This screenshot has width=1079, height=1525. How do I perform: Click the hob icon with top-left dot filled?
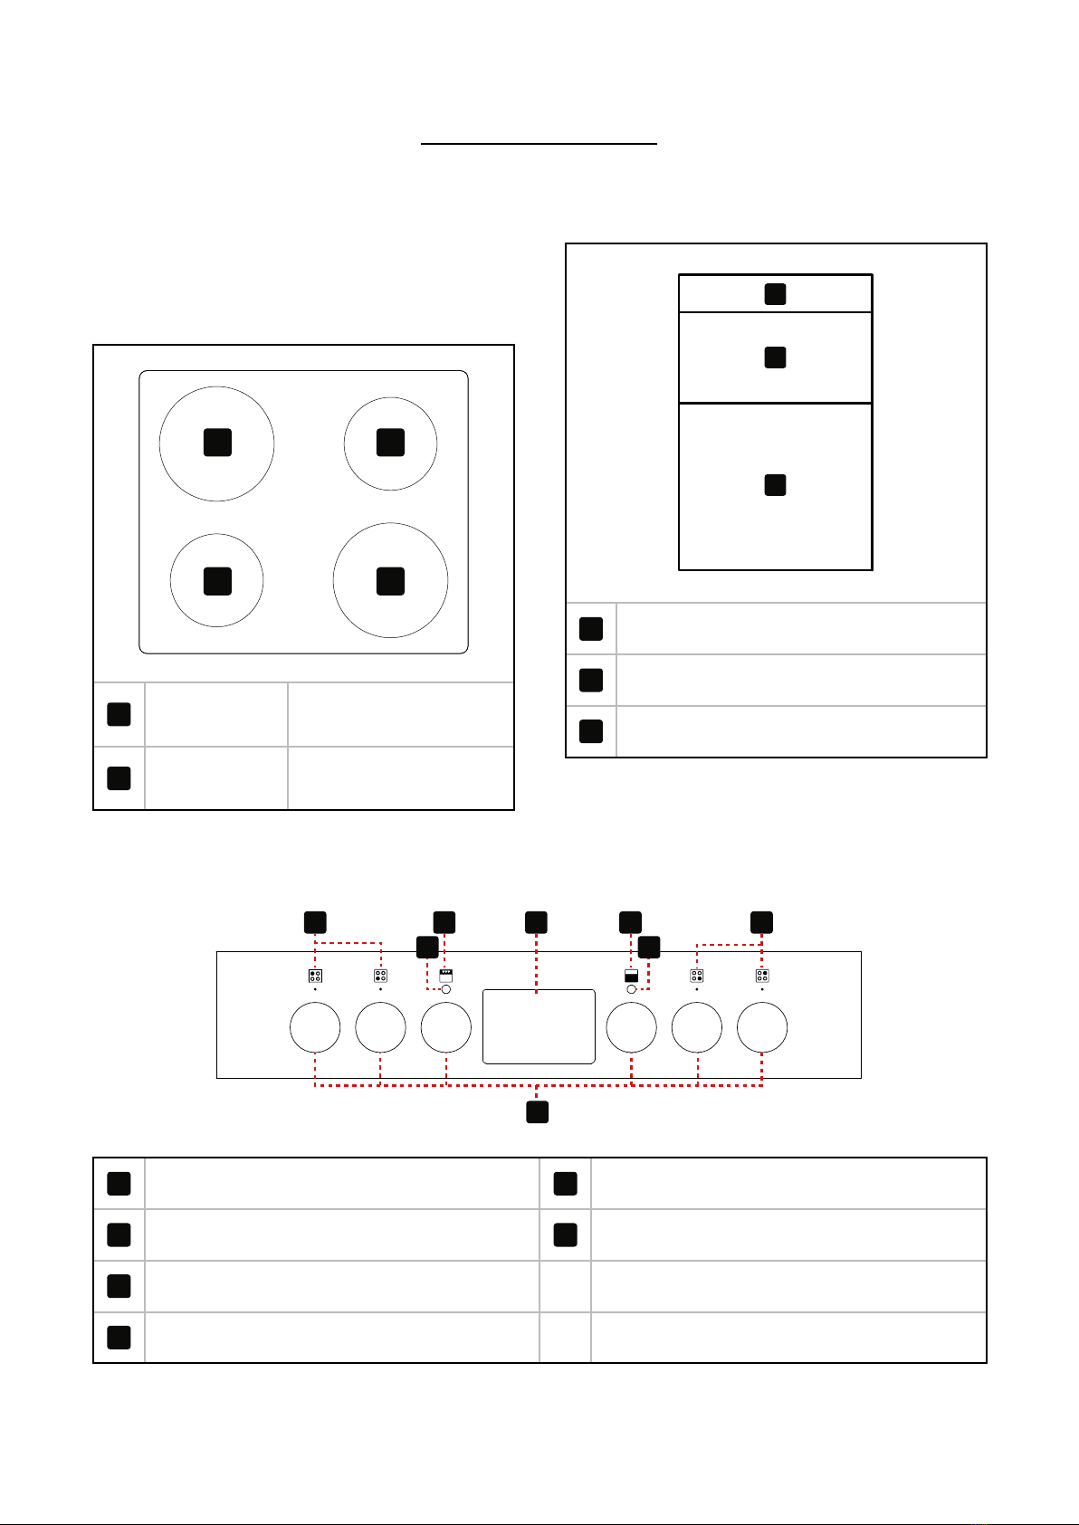click(315, 976)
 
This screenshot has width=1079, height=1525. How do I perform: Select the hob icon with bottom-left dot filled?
click(380, 976)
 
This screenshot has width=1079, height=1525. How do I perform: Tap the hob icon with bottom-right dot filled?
click(697, 976)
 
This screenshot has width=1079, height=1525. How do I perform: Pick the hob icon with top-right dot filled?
click(762, 976)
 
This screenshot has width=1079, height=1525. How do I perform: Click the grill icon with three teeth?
click(445, 976)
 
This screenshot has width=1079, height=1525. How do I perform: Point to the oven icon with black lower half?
click(631, 976)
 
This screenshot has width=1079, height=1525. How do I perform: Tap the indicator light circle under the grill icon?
click(445, 989)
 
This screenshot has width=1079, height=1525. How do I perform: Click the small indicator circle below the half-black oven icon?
click(631, 989)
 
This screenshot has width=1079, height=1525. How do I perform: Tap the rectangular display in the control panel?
click(539, 1026)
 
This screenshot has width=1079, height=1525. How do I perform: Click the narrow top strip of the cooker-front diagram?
click(724, 294)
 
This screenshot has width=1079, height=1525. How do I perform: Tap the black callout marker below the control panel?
click(538, 1111)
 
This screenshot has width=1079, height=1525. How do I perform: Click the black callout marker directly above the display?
click(536, 922)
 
